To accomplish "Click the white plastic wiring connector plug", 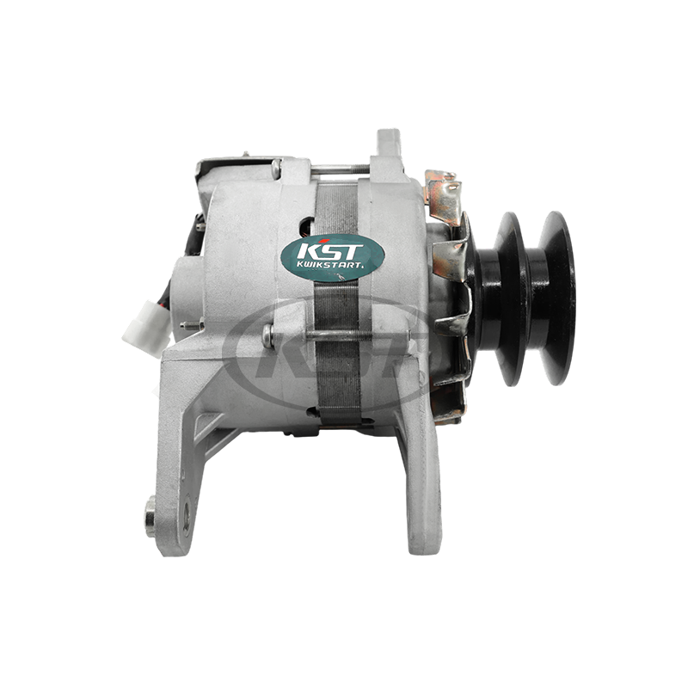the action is click(145, 326).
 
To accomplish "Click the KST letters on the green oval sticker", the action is click(329, 250).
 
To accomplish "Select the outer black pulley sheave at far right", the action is click(556, 298).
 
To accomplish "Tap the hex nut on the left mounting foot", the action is click(150, 517).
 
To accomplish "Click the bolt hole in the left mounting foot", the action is click(187, 514).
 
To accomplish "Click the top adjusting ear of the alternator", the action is click(389, 144).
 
